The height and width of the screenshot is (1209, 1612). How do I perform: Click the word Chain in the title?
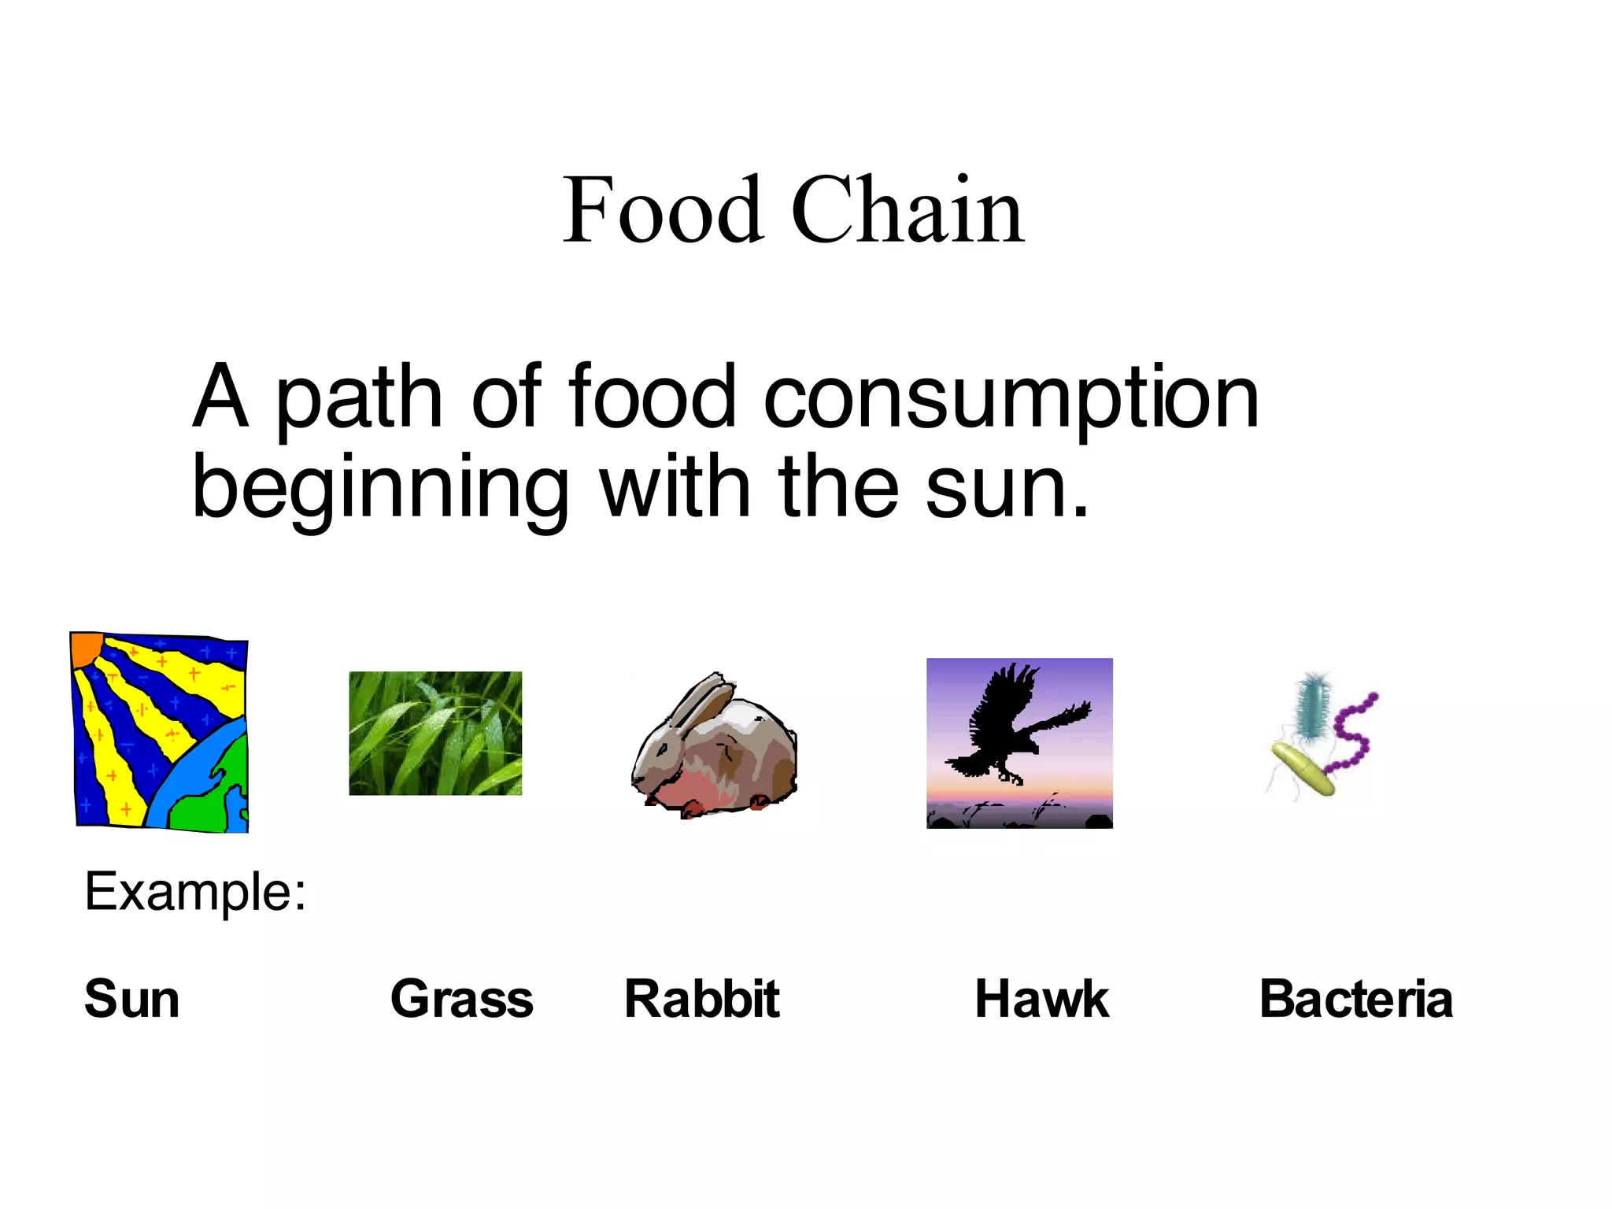(908, 210)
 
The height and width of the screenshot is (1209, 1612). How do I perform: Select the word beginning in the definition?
(380, 490)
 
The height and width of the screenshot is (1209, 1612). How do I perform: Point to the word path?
(360, 399)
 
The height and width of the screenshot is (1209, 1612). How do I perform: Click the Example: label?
(195, 892)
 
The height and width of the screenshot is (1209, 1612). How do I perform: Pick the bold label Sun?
(132, 999)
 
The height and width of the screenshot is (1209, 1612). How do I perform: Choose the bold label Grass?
(462, 999)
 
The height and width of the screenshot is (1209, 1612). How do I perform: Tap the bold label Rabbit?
(701, 999)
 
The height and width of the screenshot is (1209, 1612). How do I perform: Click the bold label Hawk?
(1041, 999)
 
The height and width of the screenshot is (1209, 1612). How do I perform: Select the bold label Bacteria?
(1355, 999)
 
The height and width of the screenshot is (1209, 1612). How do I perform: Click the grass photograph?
(435, 733)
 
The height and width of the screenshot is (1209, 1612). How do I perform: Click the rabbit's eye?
(663, 745)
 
